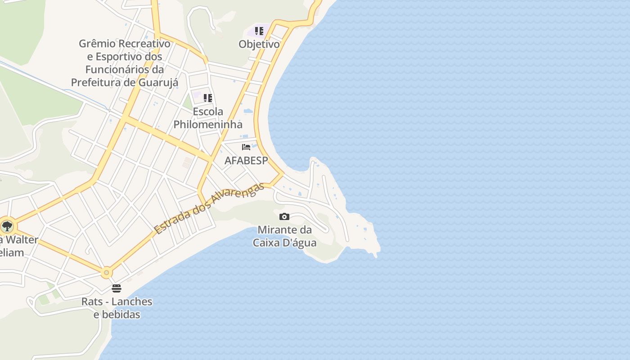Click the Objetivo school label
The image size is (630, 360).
(259, 44)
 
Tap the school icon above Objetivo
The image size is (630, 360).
(259, 31)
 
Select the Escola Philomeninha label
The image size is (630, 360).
(208, 118)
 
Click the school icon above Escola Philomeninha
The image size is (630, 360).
(207, 98)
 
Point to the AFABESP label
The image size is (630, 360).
(246, 161)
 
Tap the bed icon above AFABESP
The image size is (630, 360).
(246, 147)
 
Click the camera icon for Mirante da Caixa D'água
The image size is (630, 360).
(284, 217)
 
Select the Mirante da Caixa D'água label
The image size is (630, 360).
(284, 236)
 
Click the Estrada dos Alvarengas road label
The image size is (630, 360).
(209, 208)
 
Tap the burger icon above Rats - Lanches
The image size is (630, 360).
(117, 288)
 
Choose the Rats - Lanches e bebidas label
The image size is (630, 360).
(117, 308)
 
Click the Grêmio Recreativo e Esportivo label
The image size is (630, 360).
(125, 63)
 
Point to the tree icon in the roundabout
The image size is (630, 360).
(7, 226)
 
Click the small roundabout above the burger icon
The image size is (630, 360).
(106, 272)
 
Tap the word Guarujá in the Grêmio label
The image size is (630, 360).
(160, 82)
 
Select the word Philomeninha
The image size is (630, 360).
(208, 124)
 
